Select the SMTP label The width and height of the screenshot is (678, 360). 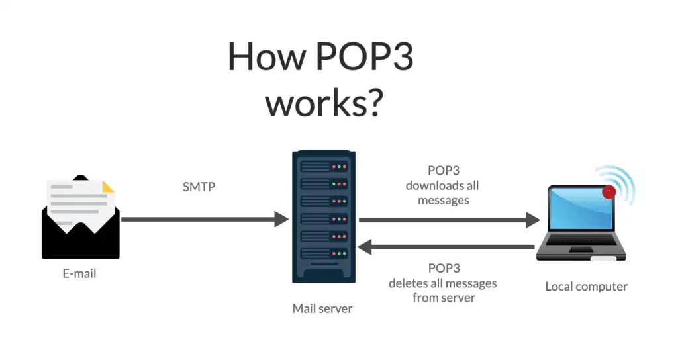point(199,187)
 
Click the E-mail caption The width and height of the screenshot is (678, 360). point(79,273)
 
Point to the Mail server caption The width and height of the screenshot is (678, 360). point(322,308)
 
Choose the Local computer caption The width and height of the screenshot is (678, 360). point(586,287)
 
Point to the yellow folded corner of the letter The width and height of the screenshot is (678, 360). point(107,186)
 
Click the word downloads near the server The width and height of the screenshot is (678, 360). point(442,186)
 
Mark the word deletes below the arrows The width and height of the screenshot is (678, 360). point(407,283)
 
